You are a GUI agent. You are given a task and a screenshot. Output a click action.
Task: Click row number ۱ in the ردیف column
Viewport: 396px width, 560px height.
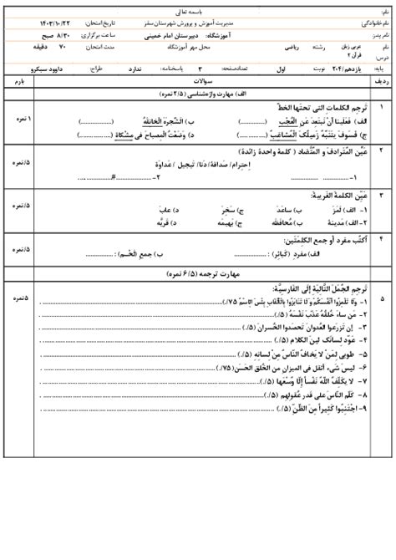[383, 108]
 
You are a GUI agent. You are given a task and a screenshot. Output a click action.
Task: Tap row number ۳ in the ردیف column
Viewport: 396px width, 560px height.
[383, 195]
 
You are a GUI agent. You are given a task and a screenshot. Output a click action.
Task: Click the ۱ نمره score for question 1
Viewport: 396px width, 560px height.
[18, 120]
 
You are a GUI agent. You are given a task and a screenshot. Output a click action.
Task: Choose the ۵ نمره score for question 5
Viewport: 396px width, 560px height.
[18, 298]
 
